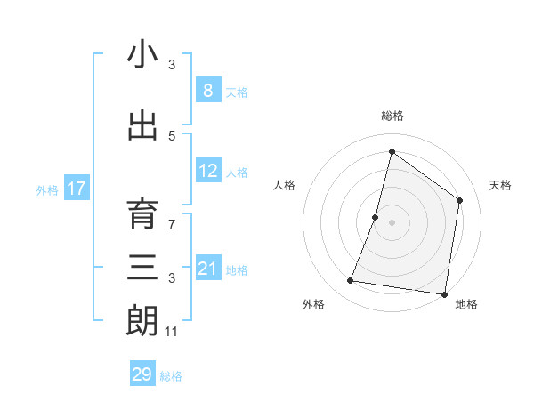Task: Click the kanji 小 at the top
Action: (143, 55)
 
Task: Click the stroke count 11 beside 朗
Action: (172, 332)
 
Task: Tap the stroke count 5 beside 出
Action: (172, 135)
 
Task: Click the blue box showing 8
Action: (207, 90)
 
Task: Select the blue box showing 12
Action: (207, 171)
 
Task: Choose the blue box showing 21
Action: (207, 269)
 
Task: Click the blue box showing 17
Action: (76, 189)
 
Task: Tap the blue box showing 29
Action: (142, 374)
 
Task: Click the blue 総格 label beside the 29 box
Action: (171, 376)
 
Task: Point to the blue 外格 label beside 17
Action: (47, 189)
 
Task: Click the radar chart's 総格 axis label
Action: (392, 116)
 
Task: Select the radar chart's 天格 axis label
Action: (500, 185)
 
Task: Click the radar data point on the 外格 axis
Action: (351, 281)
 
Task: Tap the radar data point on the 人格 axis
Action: (376, 217)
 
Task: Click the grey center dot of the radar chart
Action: (392, 222)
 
